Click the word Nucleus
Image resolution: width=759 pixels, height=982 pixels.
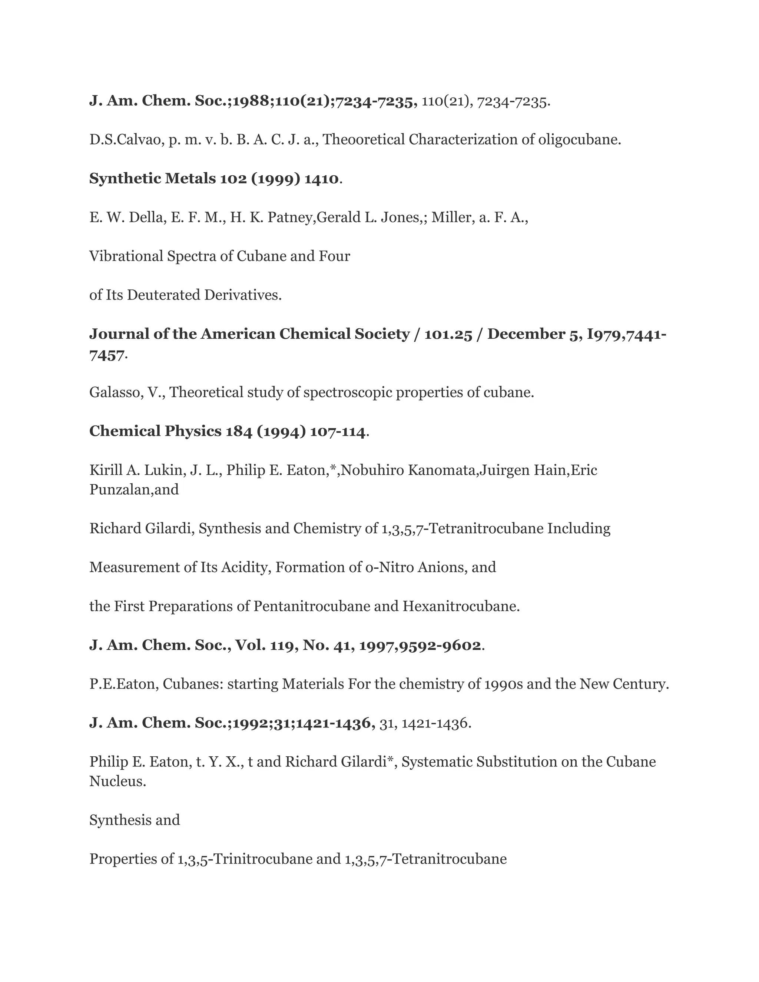pyautogui.click(x=117, y=782)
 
